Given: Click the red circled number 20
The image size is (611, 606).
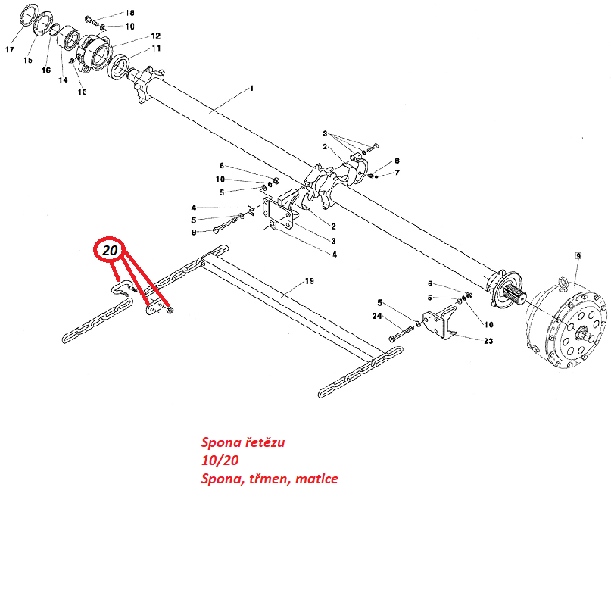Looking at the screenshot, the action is click(x=110, y=250).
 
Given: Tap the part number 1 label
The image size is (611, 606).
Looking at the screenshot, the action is click(x=251, y=89).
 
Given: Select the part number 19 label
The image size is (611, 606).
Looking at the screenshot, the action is click(x=310, y=281).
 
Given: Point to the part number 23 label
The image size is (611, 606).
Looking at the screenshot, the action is click(x=488, y=341).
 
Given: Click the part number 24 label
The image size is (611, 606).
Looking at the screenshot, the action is click(x=377, y=316).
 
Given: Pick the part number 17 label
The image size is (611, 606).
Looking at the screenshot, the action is click(x=10, y=49).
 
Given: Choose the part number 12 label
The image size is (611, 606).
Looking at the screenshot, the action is click(x=156, y=36).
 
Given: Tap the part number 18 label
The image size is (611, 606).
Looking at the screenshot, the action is click(x=129, y=13).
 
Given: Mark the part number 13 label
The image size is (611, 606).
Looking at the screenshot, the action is click(x=83, y=92).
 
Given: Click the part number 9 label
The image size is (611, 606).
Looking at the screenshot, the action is click(x=194, y=233).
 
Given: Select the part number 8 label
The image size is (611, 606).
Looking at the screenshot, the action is click(x=397, y=161).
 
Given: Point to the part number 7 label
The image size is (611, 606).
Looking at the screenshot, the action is click(x=397, y=173).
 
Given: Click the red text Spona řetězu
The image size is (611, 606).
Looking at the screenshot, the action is click(x=243, y=442).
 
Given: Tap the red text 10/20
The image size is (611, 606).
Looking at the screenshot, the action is click(x=220, y=460).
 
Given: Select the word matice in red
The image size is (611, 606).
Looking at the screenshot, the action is click(x=316, y=479).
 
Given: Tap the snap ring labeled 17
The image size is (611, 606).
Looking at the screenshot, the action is click(x=29, y=15).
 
